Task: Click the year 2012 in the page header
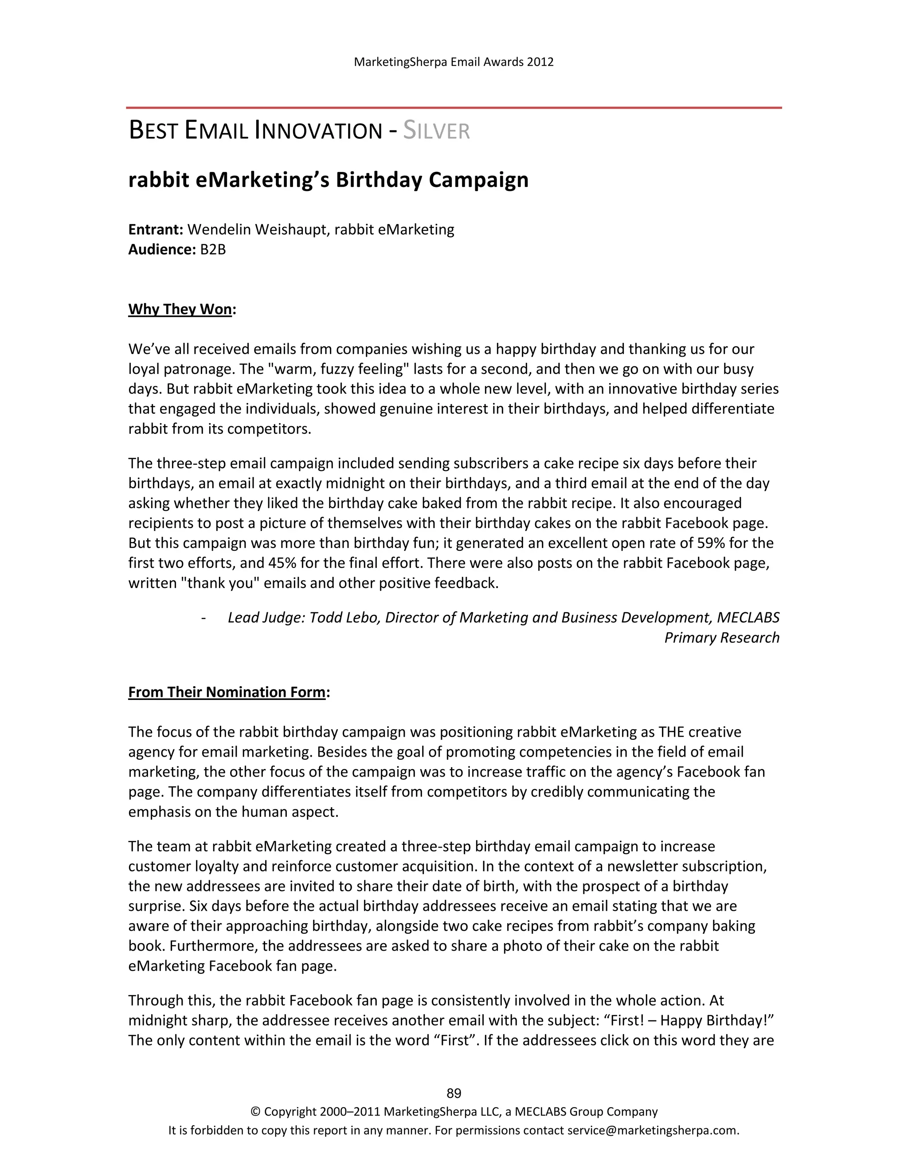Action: [540, 62]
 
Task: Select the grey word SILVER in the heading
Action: [436, 131]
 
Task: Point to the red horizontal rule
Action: [454, 108]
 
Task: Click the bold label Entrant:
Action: [156, 229]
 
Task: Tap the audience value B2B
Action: [213, 249]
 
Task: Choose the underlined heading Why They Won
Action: [180, 309]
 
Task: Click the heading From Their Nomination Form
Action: [227, 692]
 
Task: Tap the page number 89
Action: [454, 1093]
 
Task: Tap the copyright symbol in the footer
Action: [255, 1112]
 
